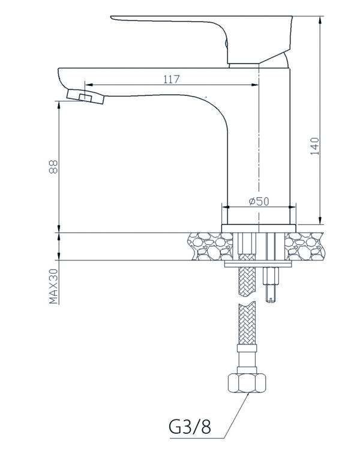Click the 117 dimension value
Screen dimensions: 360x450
(x=172, y=79)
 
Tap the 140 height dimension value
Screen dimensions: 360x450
(x=315, y=146)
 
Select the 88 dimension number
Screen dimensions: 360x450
(x=53, y=167)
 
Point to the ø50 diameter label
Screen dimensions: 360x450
(x=259, y=201)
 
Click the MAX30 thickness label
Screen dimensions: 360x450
(x=53, y=286)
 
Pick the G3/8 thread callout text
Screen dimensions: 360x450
(x=190, y=427)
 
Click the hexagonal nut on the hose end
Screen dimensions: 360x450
(x=247, y=383)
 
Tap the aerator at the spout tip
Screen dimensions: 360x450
(x=85, y=97)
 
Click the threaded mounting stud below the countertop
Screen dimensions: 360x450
(x=271, y=284)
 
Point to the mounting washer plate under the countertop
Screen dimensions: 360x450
(x=258, y=264)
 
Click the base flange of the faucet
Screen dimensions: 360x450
(x=259, y=229)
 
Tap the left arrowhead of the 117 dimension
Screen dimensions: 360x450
(x=89, y=85)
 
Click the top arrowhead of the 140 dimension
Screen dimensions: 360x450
(x=320, y=20)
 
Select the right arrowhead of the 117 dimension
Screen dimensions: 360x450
(x=255, y=85)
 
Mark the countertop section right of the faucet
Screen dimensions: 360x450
(x=305, y=247)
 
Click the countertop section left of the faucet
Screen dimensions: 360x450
(x=210, y=247)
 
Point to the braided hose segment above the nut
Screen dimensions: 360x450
(x=247, y=323)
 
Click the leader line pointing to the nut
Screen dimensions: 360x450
(x=236, y=416)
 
